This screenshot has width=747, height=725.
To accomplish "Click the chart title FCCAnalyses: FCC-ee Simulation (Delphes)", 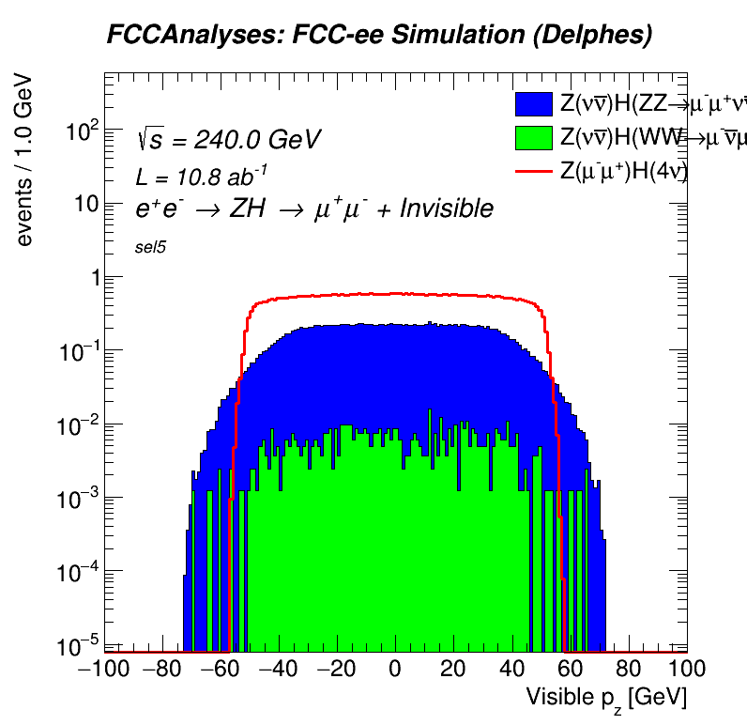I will [x=379, y=36].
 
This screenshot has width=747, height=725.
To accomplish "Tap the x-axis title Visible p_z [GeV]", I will [x=605, y=698].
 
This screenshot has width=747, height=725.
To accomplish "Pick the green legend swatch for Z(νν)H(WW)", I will [x=535, y=138].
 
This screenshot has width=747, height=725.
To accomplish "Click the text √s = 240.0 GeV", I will [x=228, y=140].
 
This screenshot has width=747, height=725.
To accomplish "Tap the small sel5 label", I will [x=151, y=248].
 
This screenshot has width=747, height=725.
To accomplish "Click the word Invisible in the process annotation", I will [x=446, y=208].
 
